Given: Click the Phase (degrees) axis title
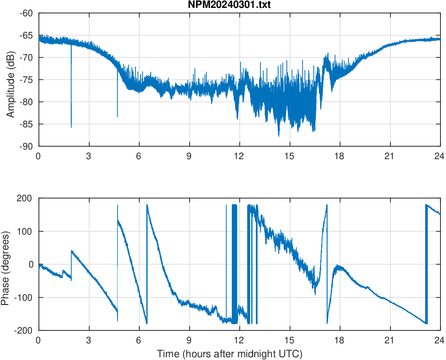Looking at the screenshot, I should tap(6, 264).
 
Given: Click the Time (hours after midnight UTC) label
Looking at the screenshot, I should tap(229, 354).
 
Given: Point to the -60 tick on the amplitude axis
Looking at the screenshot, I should tap(26, 13).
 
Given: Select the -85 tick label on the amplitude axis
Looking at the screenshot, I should tap(26, 124).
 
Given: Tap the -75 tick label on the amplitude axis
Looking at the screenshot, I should tap(26, 80).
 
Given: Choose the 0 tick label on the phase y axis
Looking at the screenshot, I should tap(31, 264).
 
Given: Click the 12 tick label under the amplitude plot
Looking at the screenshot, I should tap(239, 156).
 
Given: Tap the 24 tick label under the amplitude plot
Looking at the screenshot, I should tap(440, 156).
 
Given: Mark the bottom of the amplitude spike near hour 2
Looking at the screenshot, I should tap(71, 127).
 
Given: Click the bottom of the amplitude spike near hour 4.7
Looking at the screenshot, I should tap(118, 116).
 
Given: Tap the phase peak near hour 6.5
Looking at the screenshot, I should tap(147, 205).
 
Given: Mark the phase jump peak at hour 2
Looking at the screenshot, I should tap(72, 251).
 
